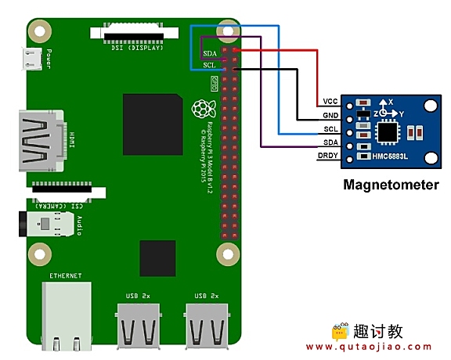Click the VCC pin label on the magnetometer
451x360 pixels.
coord(329,102)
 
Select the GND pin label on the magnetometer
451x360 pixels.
coord(329,116)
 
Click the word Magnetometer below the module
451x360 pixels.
coord(391,185)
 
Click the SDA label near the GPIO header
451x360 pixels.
coord(210,53)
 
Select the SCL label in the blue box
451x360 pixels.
coord(209,65)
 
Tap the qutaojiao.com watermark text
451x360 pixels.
coord(369,347)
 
